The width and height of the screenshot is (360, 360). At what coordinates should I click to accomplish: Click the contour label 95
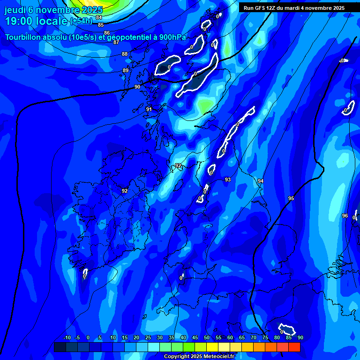tap(291, 199)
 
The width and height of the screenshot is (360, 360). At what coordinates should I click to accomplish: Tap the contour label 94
tap(261, 181)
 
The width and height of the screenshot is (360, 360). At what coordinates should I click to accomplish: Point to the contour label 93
tap(228, 180)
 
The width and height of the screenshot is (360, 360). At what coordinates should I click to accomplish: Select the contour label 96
tap(345, 216)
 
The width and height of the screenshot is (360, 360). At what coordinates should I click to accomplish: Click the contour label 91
tap(149, 109)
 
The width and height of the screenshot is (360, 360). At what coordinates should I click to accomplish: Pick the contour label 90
tap(137, 87)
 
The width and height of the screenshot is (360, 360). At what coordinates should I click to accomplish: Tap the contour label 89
tap(126, 70)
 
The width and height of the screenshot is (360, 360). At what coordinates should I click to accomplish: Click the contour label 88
tap(125, 54)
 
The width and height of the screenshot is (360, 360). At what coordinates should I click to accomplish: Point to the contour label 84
tap(99, 17)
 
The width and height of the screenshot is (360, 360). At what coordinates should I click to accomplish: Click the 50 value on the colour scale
tap(207, 338)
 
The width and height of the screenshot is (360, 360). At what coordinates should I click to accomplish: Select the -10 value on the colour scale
tap(67, 338)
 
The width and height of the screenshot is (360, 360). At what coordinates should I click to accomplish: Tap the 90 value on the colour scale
tap(300, 338)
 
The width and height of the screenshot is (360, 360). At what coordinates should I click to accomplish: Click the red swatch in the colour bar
tap(294, 347)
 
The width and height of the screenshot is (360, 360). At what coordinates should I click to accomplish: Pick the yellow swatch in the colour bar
tap(212, 347)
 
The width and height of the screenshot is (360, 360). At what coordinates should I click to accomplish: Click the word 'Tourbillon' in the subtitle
tap(25, 37)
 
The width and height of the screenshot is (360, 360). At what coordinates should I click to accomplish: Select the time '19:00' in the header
tap(19, 21)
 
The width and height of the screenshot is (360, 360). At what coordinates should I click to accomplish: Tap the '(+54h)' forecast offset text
tap(81, 22)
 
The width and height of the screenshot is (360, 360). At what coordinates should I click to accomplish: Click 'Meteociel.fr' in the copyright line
tap(217, 357)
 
